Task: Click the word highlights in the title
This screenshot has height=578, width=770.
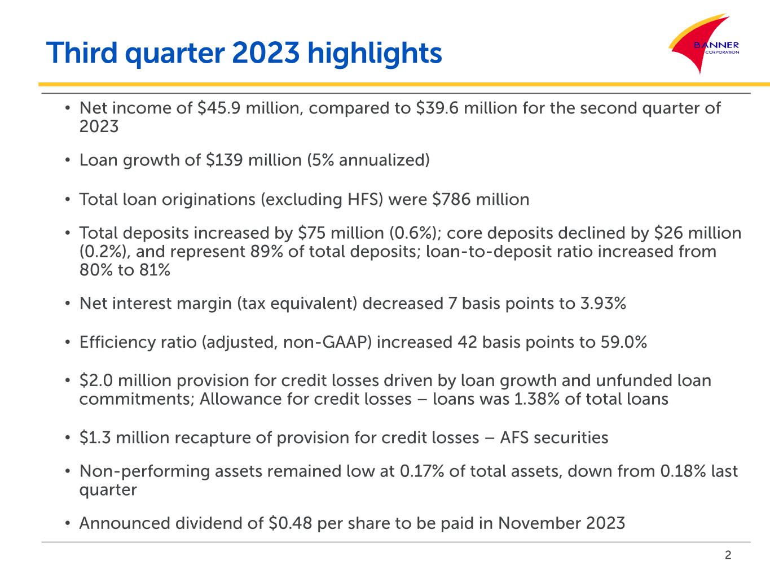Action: [x=375, y=54]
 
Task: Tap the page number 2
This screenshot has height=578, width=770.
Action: [x=728, y=555]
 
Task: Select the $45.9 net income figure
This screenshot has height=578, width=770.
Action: [x=219, y=108]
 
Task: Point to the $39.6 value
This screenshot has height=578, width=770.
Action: [x=437, y=108]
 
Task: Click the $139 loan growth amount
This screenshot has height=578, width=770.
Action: [x=224, y=160]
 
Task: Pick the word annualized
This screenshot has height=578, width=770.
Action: [x=382, y=160]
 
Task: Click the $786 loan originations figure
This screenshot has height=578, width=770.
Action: [x=451, y=199]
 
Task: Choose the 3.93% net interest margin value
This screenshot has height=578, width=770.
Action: [x=603, y=304]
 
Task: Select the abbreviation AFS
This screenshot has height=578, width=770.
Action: [x=514, y=437]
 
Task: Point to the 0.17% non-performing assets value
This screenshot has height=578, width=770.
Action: [x=422, y=471]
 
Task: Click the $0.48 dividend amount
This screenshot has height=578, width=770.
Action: [x=291, y=523]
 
